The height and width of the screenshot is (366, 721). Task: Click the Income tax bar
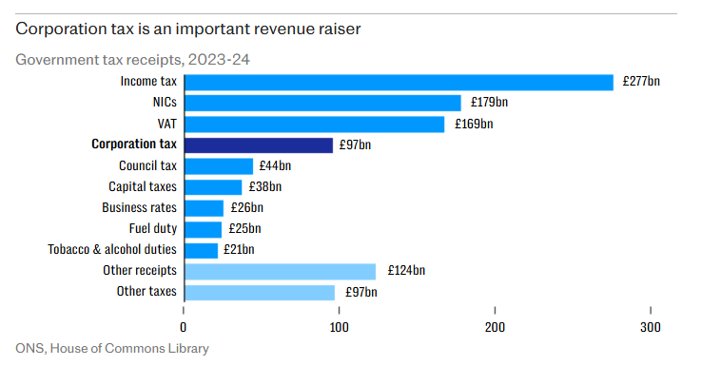click(399, 83)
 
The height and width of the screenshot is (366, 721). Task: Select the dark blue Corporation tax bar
click(259, 145)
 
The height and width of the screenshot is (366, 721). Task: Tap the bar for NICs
click(322, 103)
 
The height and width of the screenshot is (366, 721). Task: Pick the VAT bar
click(315, 125)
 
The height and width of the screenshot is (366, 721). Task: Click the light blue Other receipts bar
click(280, 272)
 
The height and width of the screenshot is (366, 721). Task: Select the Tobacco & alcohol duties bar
click(201, 251)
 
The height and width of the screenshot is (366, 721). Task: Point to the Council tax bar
click(219, 166)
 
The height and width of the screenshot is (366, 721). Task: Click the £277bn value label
click(641, 82)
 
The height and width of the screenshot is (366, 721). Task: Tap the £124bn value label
click(406, 270)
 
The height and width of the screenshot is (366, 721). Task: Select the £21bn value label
click(239, 249)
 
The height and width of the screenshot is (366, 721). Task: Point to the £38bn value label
click(264, 186)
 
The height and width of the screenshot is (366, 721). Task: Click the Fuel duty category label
click(152, 228)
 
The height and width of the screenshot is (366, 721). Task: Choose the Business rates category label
click(139, 207)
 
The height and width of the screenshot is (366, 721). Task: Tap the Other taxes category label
click(146, 291)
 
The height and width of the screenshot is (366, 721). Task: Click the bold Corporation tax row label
click(134, 144)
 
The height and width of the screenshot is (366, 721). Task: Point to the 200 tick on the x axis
click(495, 310)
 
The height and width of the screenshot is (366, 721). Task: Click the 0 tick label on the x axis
click(184, 327)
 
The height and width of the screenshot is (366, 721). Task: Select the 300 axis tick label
click(651, 327)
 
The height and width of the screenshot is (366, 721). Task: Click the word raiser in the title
click(339, 29)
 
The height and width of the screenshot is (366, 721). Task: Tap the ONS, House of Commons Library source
click(112, 349)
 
